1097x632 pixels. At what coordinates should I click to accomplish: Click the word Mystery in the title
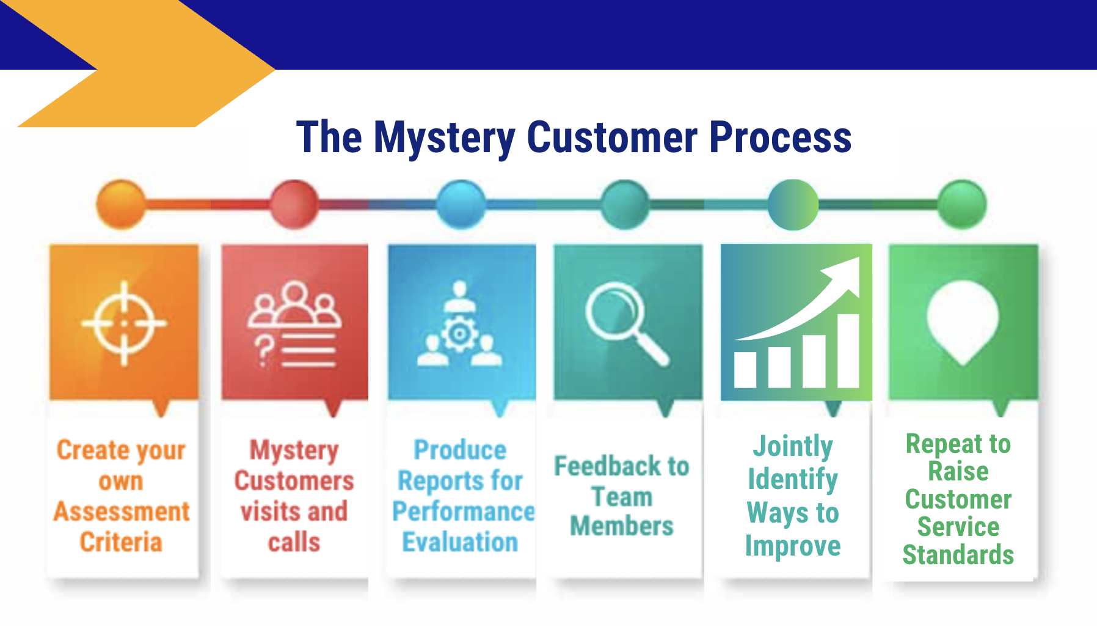pyautogui.click(x=445, y=138)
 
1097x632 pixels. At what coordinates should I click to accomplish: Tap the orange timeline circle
pyautogui.click(x=121, y=204)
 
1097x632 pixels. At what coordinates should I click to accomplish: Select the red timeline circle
pyautogui.click(x=294, y=204)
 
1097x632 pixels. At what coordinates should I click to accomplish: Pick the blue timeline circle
pyautogui.click(x=461, y=204)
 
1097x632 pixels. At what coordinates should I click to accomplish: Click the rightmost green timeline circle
pyautogui.click(x=962, y=204)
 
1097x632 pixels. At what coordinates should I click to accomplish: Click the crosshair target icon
pyautogui.click(x=124, y=323)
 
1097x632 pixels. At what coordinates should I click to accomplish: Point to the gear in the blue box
pyautogui.click(x=459, y=334)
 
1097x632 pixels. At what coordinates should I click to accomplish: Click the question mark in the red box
pyautogui.click(x=264, y=351)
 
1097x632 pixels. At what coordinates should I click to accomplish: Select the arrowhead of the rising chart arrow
pyautogui.click(x=846, y=273)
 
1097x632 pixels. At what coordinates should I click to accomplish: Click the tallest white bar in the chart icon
pyautogui.click(x=848, y=351)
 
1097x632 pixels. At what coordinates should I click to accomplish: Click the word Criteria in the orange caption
pyautogui.click(x=121, y=542)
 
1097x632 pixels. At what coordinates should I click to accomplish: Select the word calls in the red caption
pyautogui.click(x=294, y=542)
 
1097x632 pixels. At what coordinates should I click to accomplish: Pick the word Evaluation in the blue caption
pyautogui.click(x=460, y=542)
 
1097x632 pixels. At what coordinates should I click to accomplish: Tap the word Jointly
pyautogui.click(x=793, y=446)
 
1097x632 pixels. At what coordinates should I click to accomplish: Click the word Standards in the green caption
pyautogui.click(x=958, y=555)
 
